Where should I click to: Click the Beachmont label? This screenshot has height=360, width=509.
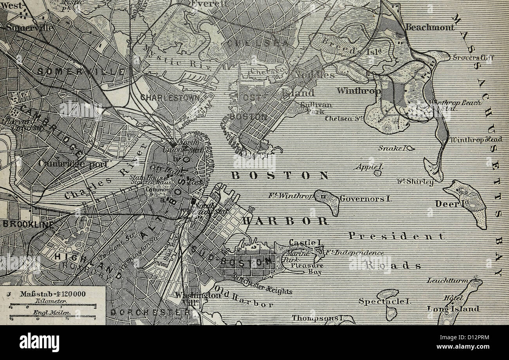(x=430, y=27)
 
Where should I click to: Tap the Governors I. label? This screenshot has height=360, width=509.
(x=365, y=199)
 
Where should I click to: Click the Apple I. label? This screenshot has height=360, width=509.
(x=368, y=167)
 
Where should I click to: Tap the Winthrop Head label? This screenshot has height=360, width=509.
(x=476, y=140)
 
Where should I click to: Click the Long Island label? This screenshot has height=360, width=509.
(x=453, y=309)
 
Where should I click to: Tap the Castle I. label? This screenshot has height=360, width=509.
(x=302, y=243)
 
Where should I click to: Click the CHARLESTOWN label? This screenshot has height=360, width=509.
(x=170, y=97)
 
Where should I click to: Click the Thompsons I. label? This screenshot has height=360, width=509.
(x=316, y=318)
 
